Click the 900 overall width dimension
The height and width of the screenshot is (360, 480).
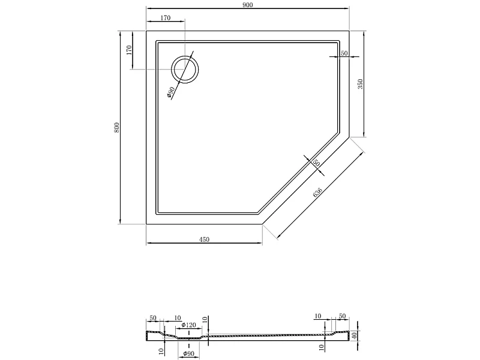[x=248, y=5]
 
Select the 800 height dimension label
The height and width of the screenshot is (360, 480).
[x=116, y=127]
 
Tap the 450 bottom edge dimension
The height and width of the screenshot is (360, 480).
[x=204, y=239]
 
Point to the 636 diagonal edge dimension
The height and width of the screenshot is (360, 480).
[x=317, y=192]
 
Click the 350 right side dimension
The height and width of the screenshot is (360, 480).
[x=360, y=84]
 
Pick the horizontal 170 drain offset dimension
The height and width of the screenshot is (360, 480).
[x=166, y=18]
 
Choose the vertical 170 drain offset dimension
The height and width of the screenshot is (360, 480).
[x=129, y=50]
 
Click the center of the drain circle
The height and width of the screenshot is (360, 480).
[x=185, y=70]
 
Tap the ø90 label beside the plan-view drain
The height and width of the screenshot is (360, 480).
[x=171, y=92]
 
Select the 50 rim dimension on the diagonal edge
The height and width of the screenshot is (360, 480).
[x=316, y=163]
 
